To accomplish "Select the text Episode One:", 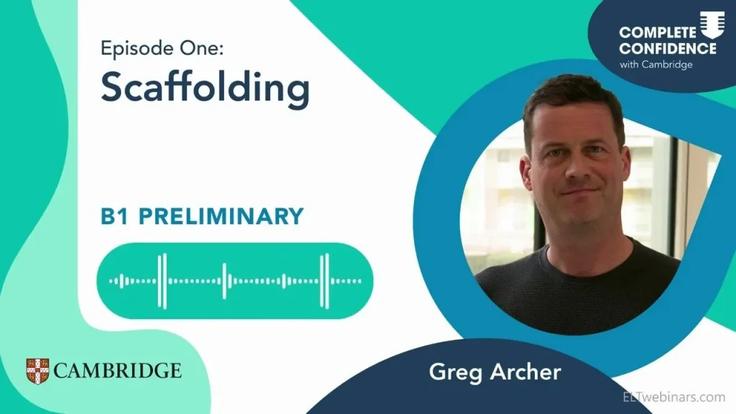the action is tap(162, 48).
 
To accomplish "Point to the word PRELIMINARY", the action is tap(221, 216).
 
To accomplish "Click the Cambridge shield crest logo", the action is tap(37, 371).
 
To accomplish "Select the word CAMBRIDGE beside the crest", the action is tap(117, 371).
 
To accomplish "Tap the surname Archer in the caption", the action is tap(525, 372).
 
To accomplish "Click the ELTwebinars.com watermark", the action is tap(674, 397).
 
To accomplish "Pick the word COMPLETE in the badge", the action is tap(658, 32).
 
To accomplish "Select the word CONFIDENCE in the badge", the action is tap(668, 48).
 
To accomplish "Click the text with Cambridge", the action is tap(656, 64).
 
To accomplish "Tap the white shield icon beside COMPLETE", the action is tap(712, 25).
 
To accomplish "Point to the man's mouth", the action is tap(579, 193).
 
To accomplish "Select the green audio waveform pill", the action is tap(235, 281).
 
